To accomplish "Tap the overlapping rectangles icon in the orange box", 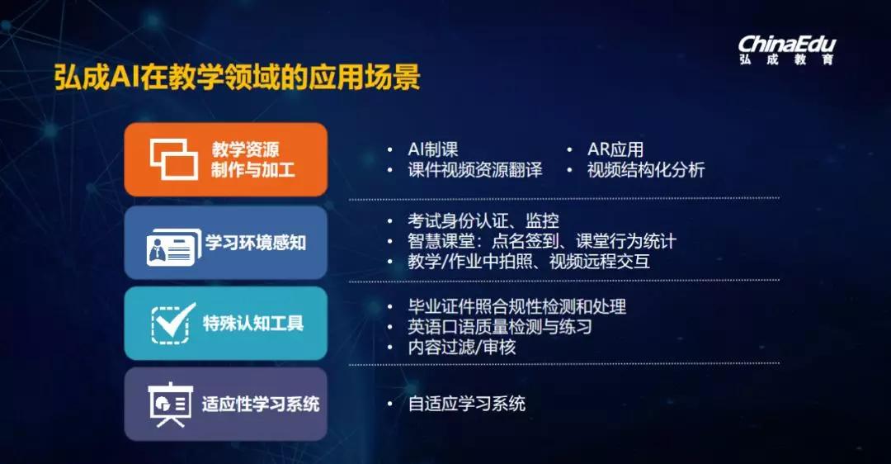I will tap(173, 159).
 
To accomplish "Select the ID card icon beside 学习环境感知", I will tap(170, 244).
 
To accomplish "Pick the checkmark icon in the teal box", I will tap(174, 323).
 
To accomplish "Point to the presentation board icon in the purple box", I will tap(170, 405).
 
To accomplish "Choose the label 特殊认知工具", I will tap(253, 324).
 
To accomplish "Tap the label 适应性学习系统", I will tap(261, 405).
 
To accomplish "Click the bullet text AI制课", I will tap(432, 149).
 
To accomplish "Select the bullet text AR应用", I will tap(615, 149).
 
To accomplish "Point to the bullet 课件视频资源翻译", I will tap(475, 170).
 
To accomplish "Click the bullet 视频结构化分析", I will tap(645, 170).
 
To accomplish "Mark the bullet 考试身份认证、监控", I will tap(483, 220).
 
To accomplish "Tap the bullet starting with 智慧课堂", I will tap(541, 241).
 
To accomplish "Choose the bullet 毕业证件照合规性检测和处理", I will tap(516, 306).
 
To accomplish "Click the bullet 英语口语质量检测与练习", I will tap(500, 327).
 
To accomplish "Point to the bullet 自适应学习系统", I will tap(466, 404).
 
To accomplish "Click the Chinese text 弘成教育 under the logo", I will tap(786, 59).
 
